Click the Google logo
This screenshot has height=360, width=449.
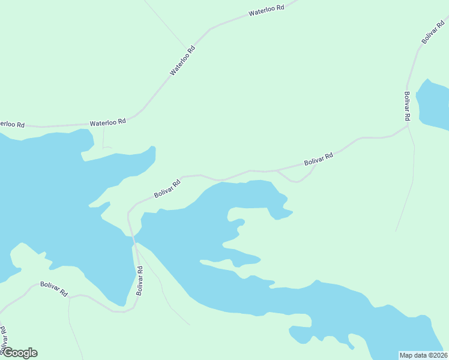[x=19, y=353]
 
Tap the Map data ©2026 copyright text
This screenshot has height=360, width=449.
[x=423, y=355]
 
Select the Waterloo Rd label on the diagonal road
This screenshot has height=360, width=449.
[x=182, y=61]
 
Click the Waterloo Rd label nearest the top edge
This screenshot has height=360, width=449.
[x=266, y=12]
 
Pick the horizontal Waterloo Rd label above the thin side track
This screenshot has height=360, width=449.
[x=108, y=122]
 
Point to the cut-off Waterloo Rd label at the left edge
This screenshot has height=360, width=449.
[x=11, y=124]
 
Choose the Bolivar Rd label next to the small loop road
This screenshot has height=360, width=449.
[x=318, y=159]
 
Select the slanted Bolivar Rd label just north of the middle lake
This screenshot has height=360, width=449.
[x=167, y=189]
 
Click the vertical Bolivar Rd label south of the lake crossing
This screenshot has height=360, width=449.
[x=140, y=280]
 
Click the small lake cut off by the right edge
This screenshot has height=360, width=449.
[x=433, y=103]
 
